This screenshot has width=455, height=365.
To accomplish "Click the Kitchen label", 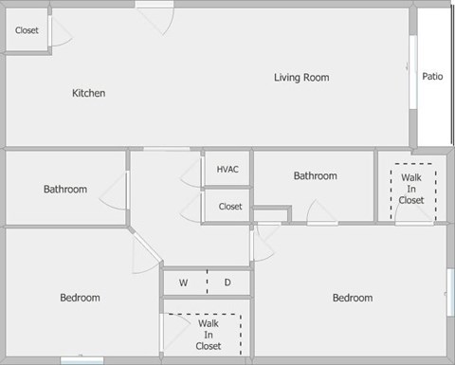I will click(x=88, y=93).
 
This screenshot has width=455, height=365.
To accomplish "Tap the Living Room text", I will click(x=301, y=78).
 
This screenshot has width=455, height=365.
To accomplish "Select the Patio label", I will click(x=433, y=77).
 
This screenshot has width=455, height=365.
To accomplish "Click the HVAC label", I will click(x=227, y=170).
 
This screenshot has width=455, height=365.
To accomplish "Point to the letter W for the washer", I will click(x=185, y=283).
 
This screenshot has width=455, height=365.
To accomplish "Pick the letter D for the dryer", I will click(x=227, y=283).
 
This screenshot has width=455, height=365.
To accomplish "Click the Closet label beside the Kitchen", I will click(x=27, y=30).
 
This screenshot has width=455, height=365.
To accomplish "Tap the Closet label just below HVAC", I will click(x=230, y=206).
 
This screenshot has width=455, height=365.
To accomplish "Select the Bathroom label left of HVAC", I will click(x=64, y=190).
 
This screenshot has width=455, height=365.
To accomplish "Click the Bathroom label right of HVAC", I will click(x=315, y=175).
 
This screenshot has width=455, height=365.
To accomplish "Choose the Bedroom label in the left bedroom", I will click(x=80, y=298).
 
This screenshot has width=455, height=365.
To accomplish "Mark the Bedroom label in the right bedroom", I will click(x=352, y=298).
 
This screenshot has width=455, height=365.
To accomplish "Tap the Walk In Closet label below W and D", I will click(x=209, y=334).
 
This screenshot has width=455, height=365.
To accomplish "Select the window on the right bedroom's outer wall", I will click(x=450, y=294).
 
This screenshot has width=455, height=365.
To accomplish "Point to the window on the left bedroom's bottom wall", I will click(x=82, y=359).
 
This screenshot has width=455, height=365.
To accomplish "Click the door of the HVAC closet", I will click(x=193, y=170).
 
